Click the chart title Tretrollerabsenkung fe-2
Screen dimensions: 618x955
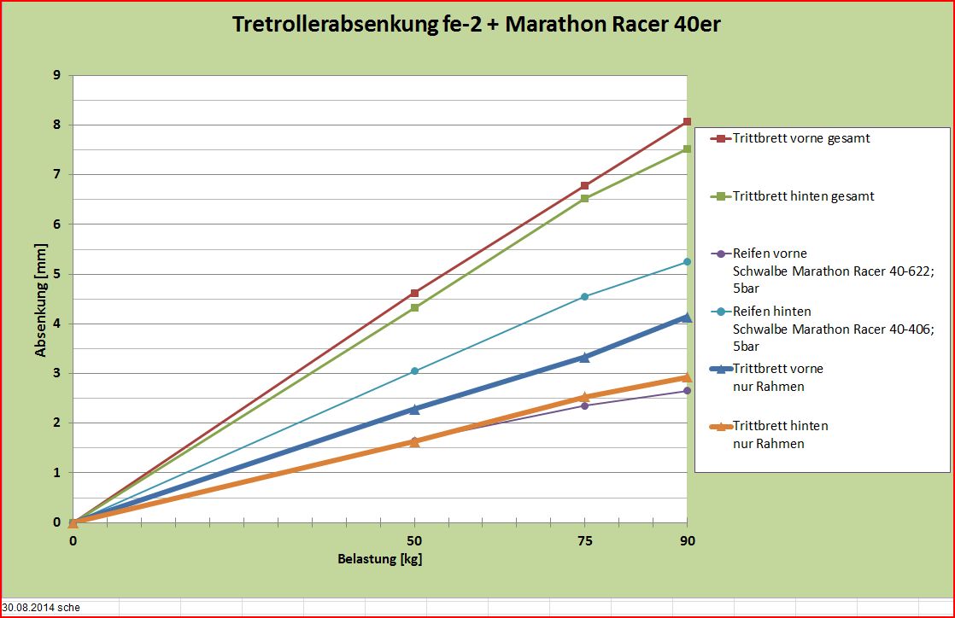(x=477, y=25)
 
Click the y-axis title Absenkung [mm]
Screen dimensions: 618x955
(x=40, y=299)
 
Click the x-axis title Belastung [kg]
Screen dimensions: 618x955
(x=380, y=559)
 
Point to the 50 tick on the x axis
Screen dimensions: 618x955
(x=414, y=540)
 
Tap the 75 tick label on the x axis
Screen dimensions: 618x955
(x=585, y=540)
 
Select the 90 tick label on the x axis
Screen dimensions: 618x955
(x=687, y=540)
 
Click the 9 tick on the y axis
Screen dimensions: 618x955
(x=57, y=75)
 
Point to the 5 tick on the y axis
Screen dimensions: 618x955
(x=57, y=274)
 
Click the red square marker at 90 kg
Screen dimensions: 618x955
(x=687, y=122)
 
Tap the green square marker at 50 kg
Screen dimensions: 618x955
(x=414, y=307)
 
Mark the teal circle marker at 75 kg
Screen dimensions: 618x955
(x=585, y=296)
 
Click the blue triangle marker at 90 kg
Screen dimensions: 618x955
(x=687, y=317)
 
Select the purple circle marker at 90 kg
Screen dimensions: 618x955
(x=687, y=391)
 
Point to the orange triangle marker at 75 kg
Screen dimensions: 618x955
(x=585, y=397)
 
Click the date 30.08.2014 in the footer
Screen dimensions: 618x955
(x=29, y=608)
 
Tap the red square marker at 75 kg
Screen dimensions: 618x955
(x=585, y=185)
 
